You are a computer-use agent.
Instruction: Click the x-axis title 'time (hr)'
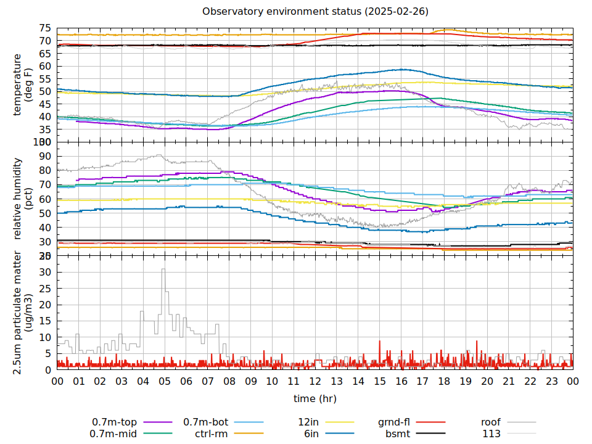point(314,398)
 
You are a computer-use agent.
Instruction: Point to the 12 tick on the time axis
point(315,382)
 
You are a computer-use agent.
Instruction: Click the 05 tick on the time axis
point(165,382)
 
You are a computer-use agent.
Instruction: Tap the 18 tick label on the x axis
point(444,382)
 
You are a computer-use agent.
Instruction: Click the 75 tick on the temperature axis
point(45,28)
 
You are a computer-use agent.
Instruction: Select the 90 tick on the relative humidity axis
point(45,156)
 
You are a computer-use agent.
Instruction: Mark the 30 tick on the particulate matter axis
point(45,272)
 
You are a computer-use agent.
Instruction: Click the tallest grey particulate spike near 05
point(163,269)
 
